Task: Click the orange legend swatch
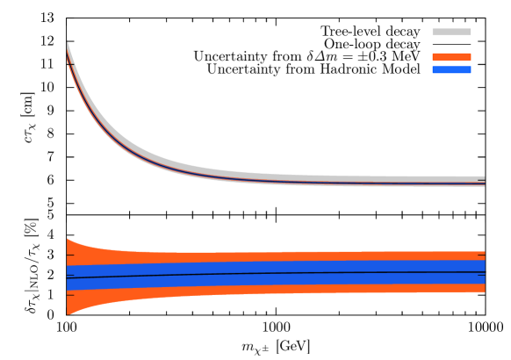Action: coord(451,57)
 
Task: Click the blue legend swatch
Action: coord(451,69)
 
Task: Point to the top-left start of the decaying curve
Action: coord(68,51)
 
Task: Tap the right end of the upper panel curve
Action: coord(484,184)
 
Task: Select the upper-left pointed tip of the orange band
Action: coord(68,239)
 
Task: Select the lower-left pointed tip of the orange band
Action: coord(68,313)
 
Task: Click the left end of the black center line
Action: coord(68,277)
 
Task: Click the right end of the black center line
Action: coord(484,272)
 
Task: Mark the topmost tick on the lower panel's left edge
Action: coord(70,256)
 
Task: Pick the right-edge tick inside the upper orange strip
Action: coord(481,256)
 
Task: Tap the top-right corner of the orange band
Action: coord(484,252)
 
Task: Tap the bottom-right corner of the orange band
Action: coord(484,292)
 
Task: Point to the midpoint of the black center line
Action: coord(276,274)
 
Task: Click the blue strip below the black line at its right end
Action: coord(479,278)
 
